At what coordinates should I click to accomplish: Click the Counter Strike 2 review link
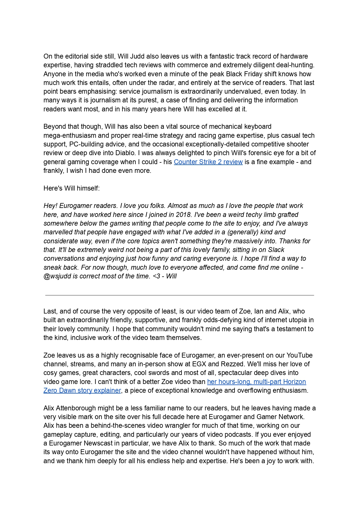tap(208, 162)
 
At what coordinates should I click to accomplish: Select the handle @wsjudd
tap(57, 276)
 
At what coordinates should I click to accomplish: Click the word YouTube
tap(299, 355)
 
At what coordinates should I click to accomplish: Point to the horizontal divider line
tap(180, 295)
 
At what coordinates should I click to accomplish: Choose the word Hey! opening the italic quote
tap(51, 206)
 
